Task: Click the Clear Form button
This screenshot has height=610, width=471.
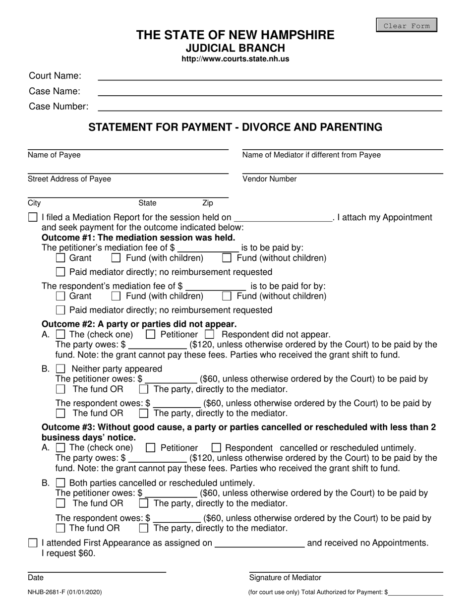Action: pyautogui.click(x=407, y=25)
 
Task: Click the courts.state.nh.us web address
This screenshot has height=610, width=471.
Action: pyautogui.click(x=235, y=59)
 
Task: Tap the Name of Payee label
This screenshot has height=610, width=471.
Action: pyautogui.click(x=54, y=155)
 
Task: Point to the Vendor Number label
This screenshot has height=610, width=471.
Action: pyautogui.click(x=270, y=179)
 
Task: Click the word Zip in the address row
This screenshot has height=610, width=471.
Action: pyautogui.click(x=208, y=203)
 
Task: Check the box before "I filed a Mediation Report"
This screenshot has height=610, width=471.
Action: pyautogui.click(x=33, y=217)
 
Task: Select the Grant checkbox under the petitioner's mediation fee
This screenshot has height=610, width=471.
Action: pyautogui.click(x=60, y=258)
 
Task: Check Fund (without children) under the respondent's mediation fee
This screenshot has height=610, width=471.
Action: pyautogui.click(x=227, y=296)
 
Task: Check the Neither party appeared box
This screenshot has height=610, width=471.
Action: pyautogui.click(x=60, y=368)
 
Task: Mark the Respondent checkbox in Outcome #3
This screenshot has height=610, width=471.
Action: pyautogui.click(x=216, y=447)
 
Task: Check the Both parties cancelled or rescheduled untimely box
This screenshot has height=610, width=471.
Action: pyautogui.click(x=60, y=483)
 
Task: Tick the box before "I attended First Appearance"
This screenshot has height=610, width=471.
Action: pyautogui.click(x=33, y=543)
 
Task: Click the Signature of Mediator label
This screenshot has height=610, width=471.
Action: pyautogui.click(x=285, y=578)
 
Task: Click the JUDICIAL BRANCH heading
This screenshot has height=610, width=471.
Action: pyautogui.click(x=235, y=48)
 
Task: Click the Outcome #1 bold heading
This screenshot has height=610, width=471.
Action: pyautogui.click(x=138, y=237)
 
